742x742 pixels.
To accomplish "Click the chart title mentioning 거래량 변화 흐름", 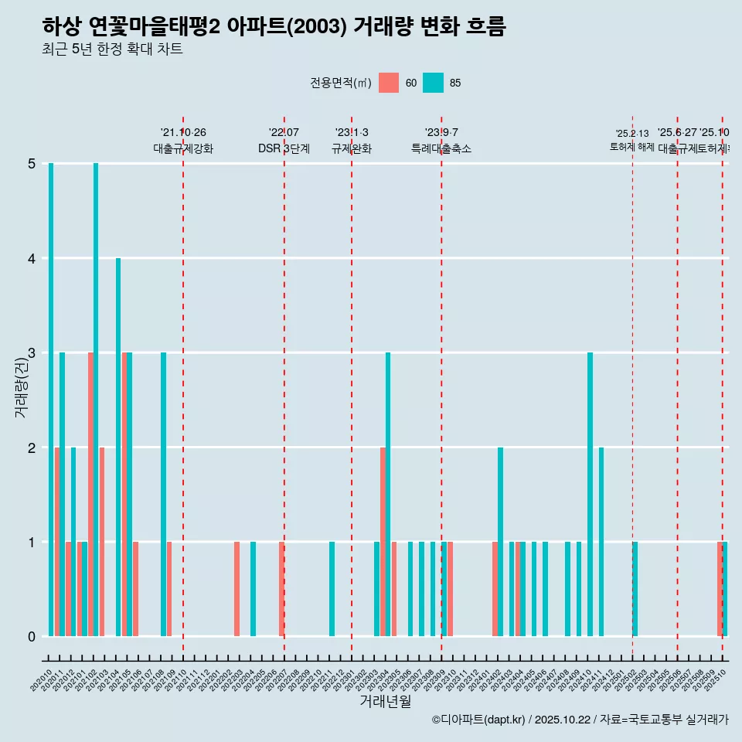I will coord(274,27).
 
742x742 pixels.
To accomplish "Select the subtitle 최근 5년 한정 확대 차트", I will coord(112,50).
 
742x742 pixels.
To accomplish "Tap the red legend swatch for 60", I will coord(389,83).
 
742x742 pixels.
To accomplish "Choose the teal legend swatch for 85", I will coord(434,83).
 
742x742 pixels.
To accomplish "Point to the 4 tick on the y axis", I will coord(32,258).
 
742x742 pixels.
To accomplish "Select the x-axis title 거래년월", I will coord(385,701).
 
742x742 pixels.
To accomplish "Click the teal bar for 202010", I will coord(51,400).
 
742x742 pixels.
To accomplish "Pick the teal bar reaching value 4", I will coord(118,447).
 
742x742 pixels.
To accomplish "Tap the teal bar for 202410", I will coord(590,494).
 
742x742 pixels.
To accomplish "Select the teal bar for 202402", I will coord(500,541).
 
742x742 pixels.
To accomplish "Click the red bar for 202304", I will coord(383,541).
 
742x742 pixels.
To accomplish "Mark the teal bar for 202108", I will coord(163,494).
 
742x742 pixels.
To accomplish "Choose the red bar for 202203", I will coord(237,588).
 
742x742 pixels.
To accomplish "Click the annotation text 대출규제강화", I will coord(183,148).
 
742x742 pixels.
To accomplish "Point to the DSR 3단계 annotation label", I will coord(284,148).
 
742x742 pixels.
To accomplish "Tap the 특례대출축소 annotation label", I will coord(441,148).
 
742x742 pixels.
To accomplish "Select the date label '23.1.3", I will coord(352,132).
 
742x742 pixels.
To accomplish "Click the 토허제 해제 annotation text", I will coord(632,147).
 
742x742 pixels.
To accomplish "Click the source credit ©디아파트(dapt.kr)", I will coord(478,720).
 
